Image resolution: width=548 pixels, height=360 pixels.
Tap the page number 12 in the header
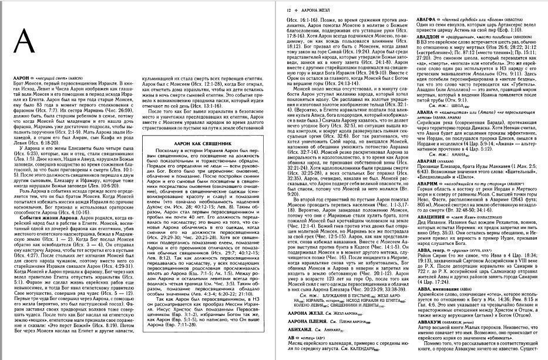[288, 11]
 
